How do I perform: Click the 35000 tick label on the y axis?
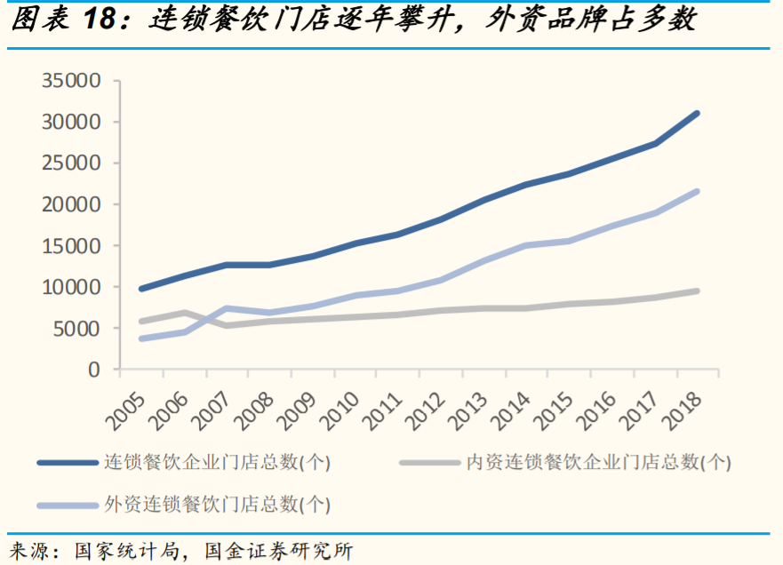click(71, 81)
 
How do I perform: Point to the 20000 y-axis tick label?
click(71, 204)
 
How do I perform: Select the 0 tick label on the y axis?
click(94, 370)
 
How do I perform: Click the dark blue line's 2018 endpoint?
click(697, 114)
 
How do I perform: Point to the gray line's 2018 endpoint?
click(697, 290)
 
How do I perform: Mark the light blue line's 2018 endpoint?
click(697, 191)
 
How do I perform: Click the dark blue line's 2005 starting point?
click(141, 289)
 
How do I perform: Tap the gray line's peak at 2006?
click(184, 313)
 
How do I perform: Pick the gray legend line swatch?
click(428, 462)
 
